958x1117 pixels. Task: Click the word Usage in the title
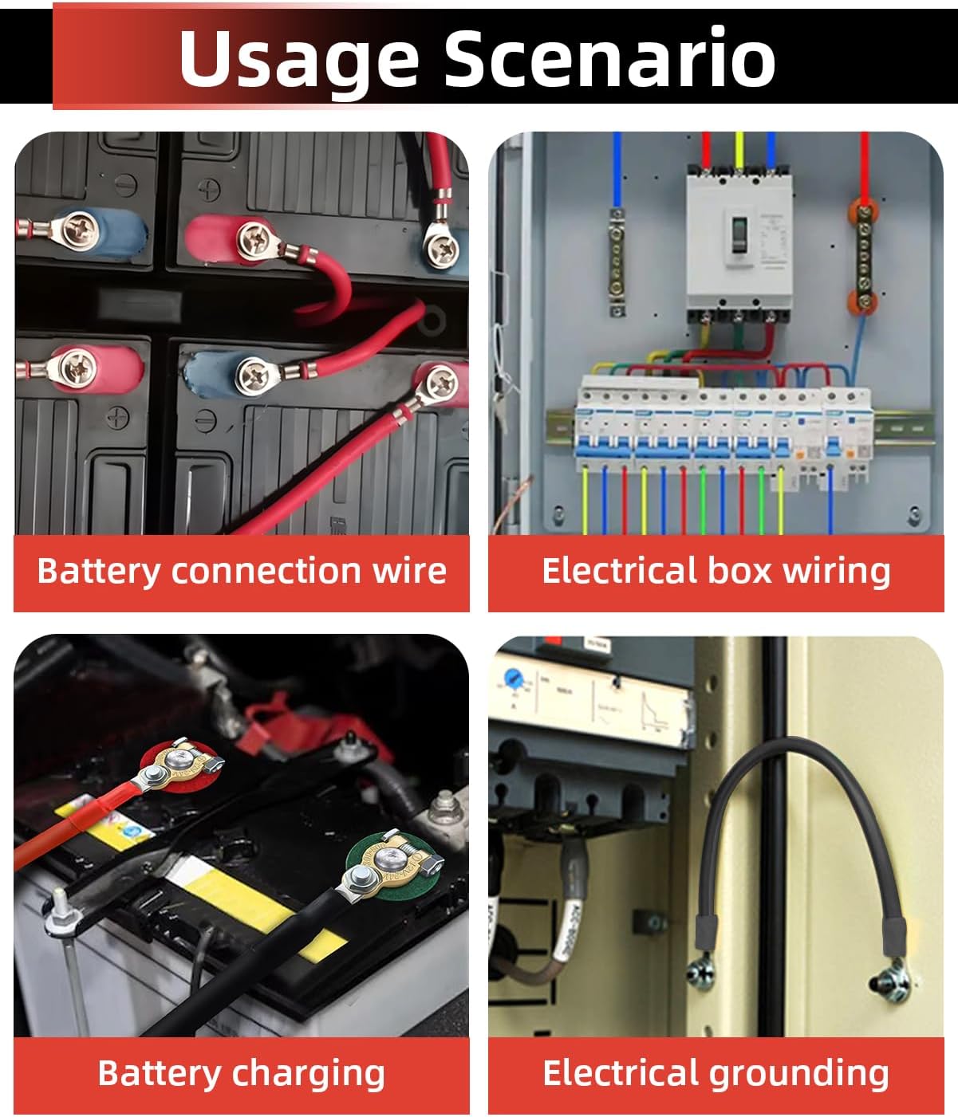click(299, 57)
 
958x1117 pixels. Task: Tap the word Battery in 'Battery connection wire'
click(99, 572)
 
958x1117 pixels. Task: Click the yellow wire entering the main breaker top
click(739, 151)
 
